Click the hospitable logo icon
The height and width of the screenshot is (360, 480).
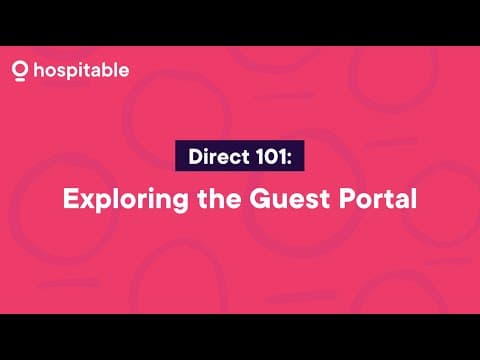click(19, 72)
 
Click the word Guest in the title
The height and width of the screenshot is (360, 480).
click(277, 198)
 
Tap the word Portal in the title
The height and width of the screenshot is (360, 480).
click(370, 198)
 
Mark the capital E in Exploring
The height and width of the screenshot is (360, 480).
click(70, 198)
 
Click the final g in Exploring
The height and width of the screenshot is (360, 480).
click(168, 202)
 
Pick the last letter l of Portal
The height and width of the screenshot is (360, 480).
click(412, 197)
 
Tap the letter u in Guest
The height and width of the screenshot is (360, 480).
click(268, 200)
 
